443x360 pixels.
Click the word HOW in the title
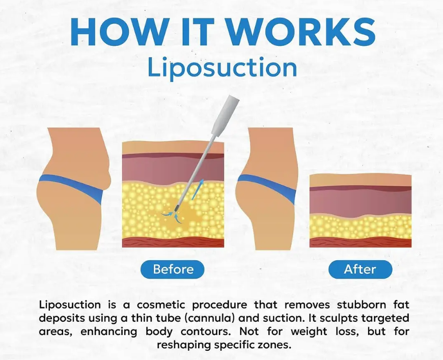point(119,31)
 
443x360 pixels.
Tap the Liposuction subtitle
point(222,68)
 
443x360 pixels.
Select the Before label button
point(172,269)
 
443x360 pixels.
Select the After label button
point(360,269)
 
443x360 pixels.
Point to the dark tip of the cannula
point(177,207)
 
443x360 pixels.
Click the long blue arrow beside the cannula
point(198,189)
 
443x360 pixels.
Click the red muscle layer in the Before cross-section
point(173,242)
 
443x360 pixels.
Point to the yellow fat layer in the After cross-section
point(361,227)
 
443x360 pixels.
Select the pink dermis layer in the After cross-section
point(361,202)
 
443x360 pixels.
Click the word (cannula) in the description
point(210,318)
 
